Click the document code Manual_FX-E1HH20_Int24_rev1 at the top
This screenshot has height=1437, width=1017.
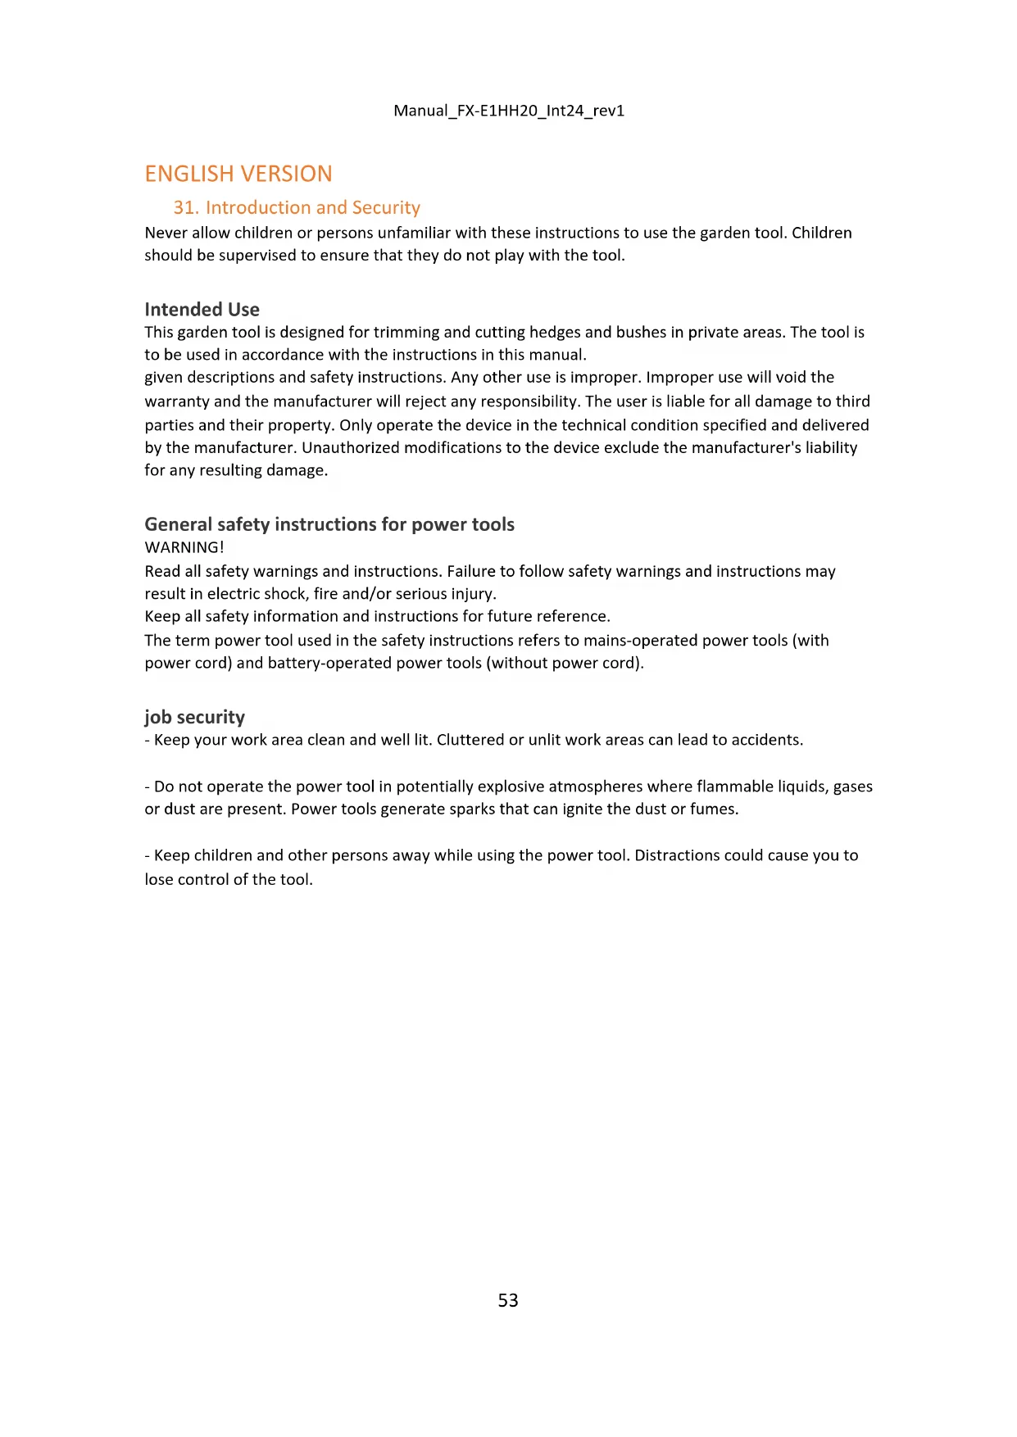509,111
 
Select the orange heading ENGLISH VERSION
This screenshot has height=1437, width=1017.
238,174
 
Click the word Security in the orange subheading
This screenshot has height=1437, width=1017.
386,208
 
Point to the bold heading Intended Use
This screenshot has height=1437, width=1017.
202,310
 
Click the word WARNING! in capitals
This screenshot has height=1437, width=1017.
184,547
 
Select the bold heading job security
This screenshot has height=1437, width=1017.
195,717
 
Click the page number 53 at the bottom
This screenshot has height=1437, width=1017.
508,1300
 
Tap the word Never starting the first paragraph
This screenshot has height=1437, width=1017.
166,233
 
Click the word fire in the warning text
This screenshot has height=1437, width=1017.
325,594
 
